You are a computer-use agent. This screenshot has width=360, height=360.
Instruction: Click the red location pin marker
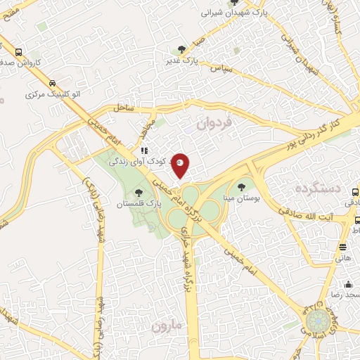coord(181,165)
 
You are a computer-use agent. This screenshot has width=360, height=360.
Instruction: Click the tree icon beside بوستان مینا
coord(242,187)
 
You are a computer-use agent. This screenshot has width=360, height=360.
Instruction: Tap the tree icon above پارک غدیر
coord(182,49)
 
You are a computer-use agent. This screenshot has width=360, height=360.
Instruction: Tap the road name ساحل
coord(121,109)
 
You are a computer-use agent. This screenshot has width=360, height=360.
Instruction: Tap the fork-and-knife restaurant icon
coord(143,150)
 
